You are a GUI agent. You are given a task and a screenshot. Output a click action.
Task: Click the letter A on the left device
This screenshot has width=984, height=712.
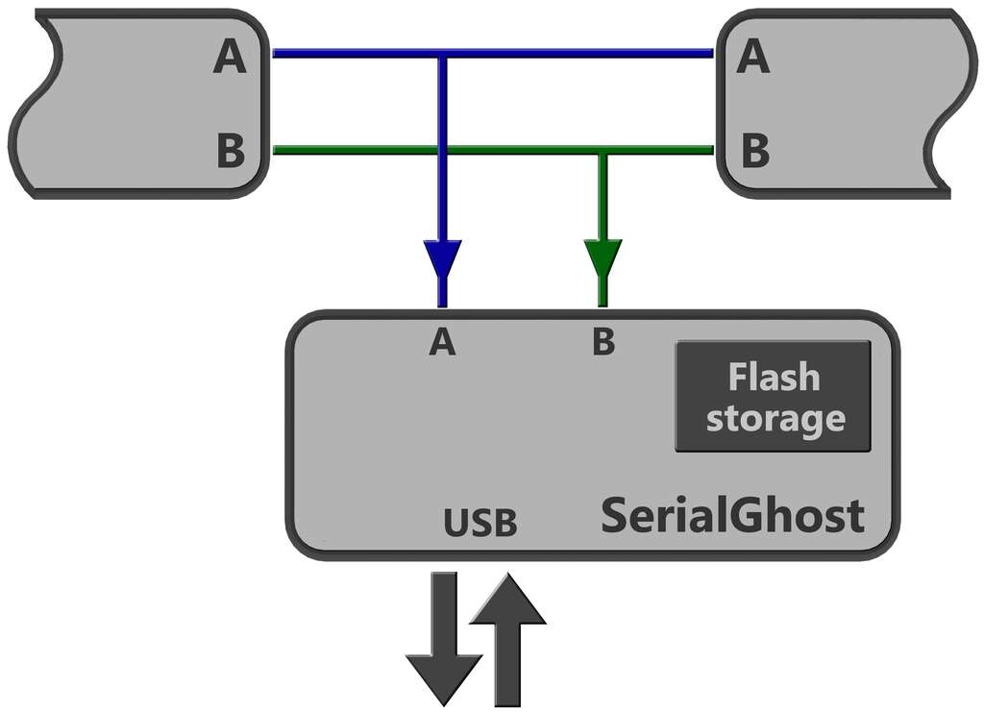tap(230, 56)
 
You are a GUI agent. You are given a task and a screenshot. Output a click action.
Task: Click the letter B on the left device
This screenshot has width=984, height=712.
tap(231, 150)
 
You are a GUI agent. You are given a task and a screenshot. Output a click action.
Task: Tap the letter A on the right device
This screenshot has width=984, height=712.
tap(753, 56)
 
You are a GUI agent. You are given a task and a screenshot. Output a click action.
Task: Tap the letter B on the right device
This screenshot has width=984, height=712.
tap(755, 150)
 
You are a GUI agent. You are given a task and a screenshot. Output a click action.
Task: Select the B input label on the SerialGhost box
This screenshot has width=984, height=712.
tap(603, 342)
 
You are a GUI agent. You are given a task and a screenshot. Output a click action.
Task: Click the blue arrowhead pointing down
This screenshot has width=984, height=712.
tap(443, 259)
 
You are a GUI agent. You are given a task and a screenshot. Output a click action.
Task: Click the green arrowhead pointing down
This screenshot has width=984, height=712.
tap(603, 259)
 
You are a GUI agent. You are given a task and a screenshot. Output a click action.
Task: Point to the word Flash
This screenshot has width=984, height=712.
tap(774, 377)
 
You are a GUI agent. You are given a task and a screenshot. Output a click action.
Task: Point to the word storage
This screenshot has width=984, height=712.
tap(775, 418)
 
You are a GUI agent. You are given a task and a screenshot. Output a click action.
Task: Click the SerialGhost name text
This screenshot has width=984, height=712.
tap(733, 515)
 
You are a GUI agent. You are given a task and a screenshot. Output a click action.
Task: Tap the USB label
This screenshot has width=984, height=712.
tap(480, 523)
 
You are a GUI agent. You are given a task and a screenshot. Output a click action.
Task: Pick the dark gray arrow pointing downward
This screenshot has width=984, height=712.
tap(444, 639)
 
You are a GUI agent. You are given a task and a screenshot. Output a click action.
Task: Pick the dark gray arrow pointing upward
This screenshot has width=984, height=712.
tap(507, 639)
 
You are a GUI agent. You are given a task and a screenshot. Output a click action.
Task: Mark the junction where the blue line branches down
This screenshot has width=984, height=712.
tap(443, 54)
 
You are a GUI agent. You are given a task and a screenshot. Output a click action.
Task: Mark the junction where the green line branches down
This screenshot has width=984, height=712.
tap(603, 150)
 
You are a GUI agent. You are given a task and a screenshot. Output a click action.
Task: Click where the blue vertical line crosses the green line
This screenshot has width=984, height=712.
tap(443, 150)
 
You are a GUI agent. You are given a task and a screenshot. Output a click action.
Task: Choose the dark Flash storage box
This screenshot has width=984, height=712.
tap(774, 396)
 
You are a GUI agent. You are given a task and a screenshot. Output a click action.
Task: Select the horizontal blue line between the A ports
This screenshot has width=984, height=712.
tap(493, 54)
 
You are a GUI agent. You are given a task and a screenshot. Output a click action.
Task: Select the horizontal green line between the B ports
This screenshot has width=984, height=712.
tap(493, 150)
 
